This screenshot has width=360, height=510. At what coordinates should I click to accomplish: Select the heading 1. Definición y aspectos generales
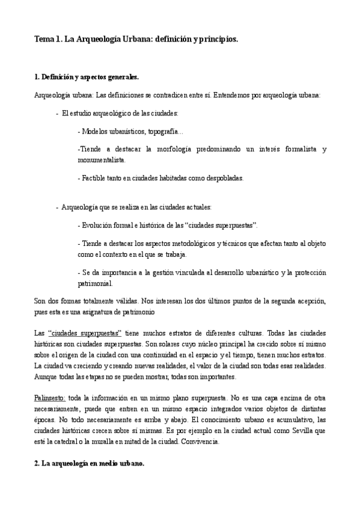(x=87, y=78)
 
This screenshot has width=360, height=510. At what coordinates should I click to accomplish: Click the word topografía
(x=162, y=131)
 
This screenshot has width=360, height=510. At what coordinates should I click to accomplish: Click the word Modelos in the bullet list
(x=96, y=131)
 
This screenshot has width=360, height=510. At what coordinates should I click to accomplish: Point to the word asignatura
(x=123, y=312)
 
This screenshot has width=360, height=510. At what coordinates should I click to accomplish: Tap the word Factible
(x=95, y=177)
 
